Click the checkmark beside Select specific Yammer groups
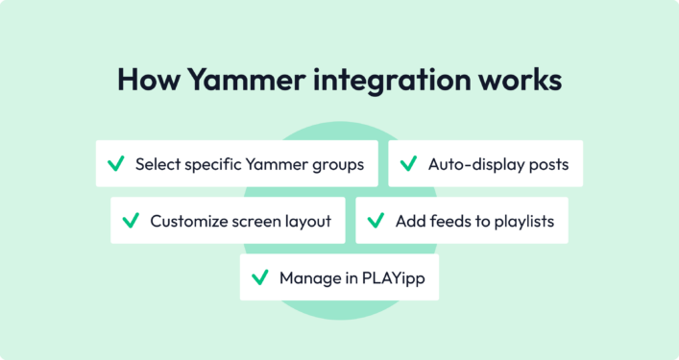pos(115,164)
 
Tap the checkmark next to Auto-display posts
pos(408,164)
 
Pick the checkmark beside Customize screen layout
pos(131,221)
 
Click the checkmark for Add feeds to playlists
pos(376,221)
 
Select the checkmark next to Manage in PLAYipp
pos(259,277)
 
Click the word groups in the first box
pos(338,164)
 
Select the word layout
pos(307,221)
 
